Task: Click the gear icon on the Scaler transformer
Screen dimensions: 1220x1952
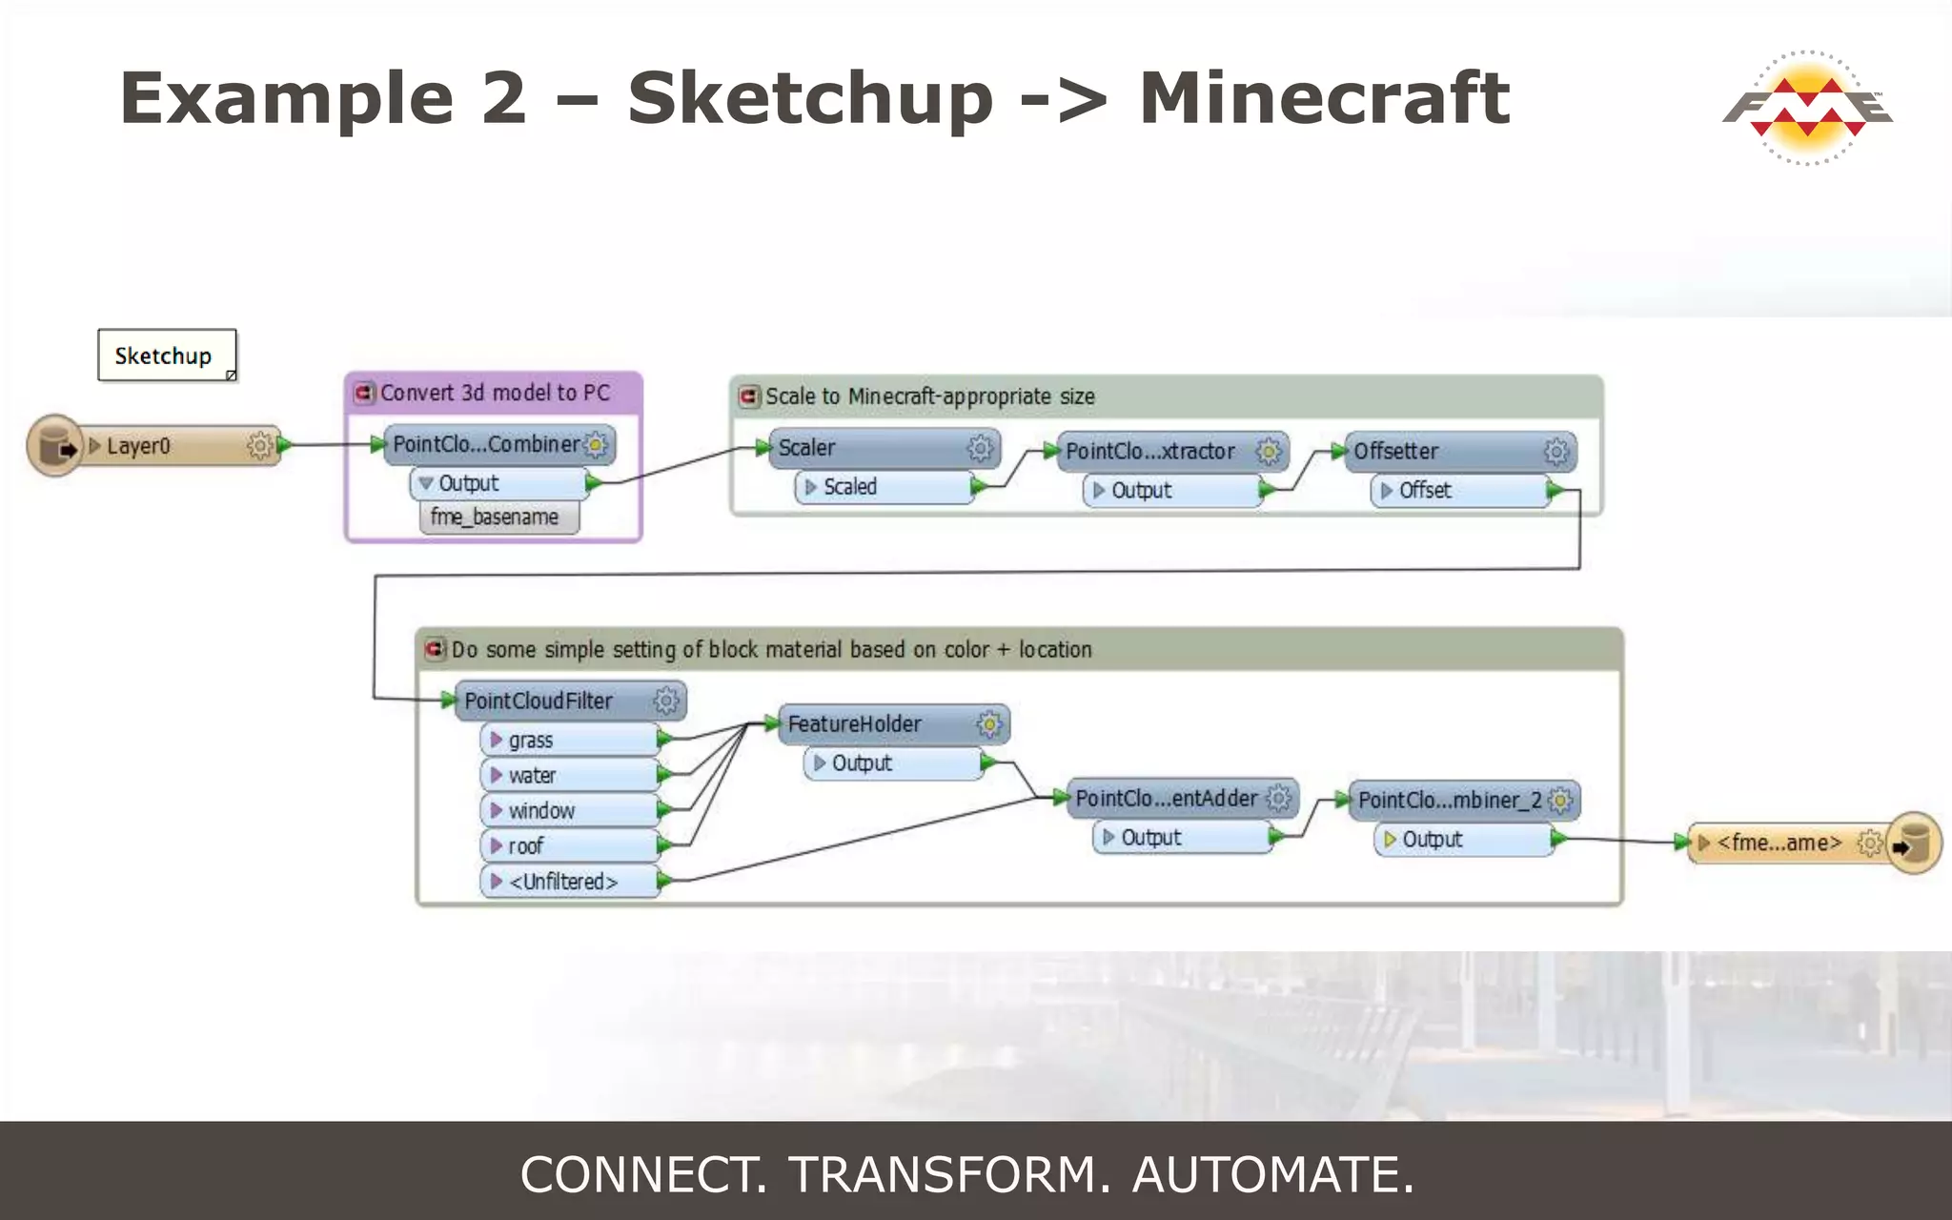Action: click(980, 448)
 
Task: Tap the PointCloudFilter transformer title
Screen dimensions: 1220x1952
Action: click(539, 701)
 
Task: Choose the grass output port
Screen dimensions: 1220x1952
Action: click(569, 741)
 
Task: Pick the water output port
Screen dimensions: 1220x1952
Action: click(569, 776)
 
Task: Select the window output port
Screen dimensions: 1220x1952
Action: click(569, 811)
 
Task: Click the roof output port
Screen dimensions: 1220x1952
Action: click(569, 846)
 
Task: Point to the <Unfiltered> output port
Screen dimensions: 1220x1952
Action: click(569, 882)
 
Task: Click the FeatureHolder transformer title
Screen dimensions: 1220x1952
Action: click(855, 724)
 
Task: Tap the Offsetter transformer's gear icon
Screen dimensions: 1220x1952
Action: click(1555, 451)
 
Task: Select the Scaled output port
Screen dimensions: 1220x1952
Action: click(884, 487)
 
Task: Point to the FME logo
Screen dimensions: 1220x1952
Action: click(1807, 107)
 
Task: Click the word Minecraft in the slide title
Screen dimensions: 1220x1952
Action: click(1324, 98)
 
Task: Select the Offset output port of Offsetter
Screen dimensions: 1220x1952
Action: click(1461, 491)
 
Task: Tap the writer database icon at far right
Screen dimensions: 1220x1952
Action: click(1912, 844)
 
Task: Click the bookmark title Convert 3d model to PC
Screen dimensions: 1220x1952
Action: click(495, 393)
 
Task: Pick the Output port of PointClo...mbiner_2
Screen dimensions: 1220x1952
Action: click(1463, 840)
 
